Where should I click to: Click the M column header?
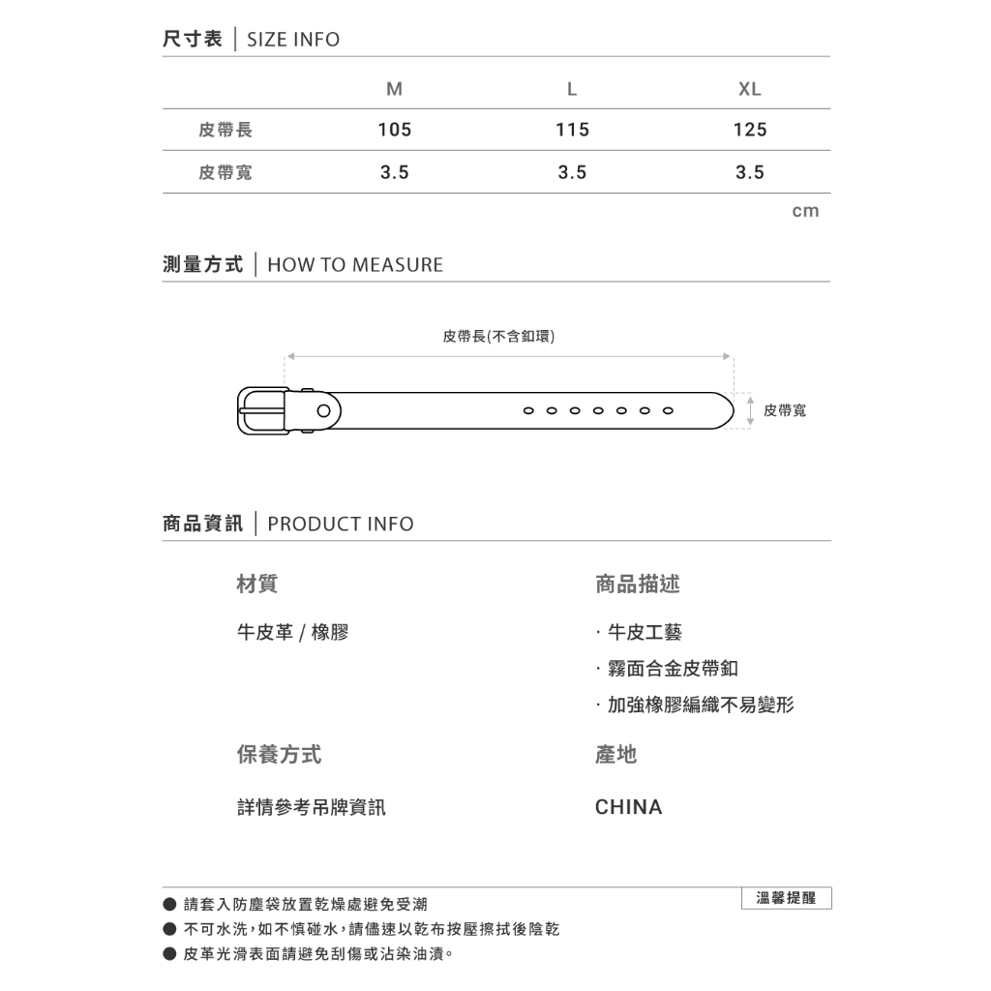pyautogui.click(x=394, y=89)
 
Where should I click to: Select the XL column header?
pyautogui.click(x=749, y=89)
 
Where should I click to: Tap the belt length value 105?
pyautogui.click(x=394, y=130)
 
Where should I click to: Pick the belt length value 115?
pyautogui.click(x=572, y=130)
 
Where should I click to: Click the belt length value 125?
pyautogui.click(x=749, y=130)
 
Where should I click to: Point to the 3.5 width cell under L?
pyautogui.click(x=572, y=172)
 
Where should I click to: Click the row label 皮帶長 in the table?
pyautogui.click(x=225, y=130)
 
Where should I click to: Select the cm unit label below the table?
pyautogui.click(x=805, y=211)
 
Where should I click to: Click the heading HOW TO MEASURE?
pyautogui.click(x=354, y=265)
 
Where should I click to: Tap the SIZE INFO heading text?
pyautogui.click(x=293, y=40)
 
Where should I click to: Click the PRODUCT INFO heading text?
pyautogui.click(x=340, y=525)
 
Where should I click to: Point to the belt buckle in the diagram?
pyautogui.click(x=261, y=411)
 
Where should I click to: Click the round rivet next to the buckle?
pyautogui.click(x=323, y=411)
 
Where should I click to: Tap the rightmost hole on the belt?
pyautogui.click(x=668, y=410)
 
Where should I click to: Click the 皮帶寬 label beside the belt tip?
pyautogui.click(x=784, y=410)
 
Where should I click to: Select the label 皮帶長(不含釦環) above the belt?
pyautogui.click(x=498, y=336)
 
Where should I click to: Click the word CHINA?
pyautogui.click(x=628, y=807)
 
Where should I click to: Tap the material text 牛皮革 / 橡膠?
pyautogui.click(x=292, y=633)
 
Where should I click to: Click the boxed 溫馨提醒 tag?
pyautogui.click(x=786, y=898)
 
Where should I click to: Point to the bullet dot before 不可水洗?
pyautogui.click(x=169, y=930)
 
